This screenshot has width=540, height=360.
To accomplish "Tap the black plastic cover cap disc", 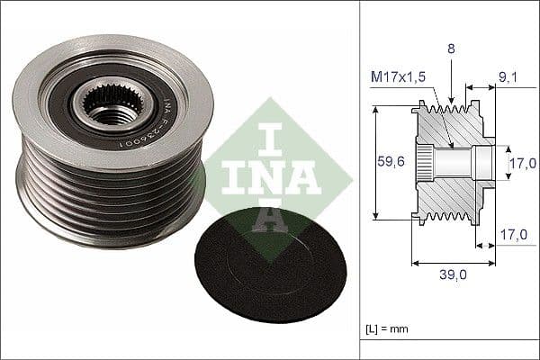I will (x=257, y=263).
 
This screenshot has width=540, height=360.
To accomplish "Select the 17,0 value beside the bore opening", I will (x=523, y=163).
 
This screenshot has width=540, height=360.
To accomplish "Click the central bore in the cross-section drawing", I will (x=459, y=163).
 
